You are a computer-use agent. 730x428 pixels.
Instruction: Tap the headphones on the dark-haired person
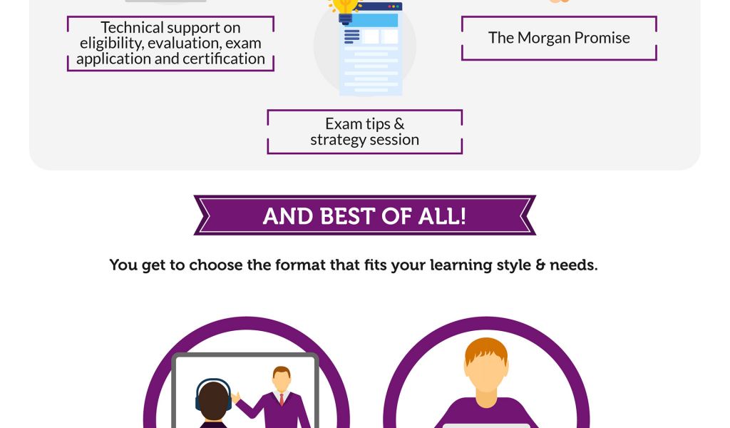click(x=213, y=394)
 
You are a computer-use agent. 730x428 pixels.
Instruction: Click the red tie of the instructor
click(x=282, y=399)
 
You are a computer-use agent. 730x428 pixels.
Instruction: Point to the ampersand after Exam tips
click(x=399, y=124)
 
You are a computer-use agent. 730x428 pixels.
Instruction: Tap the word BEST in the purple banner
click(x=347, y=216)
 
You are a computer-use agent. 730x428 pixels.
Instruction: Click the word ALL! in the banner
click(x=442, y=216)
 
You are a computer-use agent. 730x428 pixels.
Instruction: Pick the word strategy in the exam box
click(x=337, y=140)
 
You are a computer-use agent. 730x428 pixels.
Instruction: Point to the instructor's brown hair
click(x=282, y=371)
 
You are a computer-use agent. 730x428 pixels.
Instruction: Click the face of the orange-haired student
click(x=486, y=372)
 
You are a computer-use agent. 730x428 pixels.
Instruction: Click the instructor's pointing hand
click(x=235, y=397)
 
